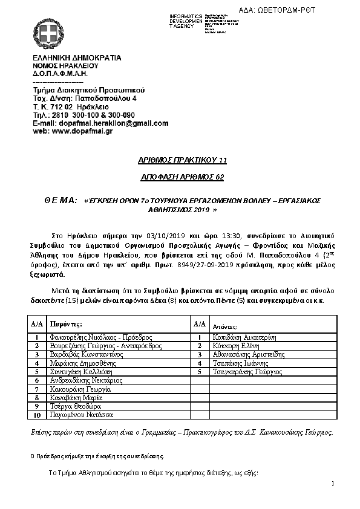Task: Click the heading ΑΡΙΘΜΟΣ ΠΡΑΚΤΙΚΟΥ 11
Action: coord(180,160)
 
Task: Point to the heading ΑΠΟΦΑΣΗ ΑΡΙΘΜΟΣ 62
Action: coord(180,178)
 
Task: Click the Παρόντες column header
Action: coord(64,325)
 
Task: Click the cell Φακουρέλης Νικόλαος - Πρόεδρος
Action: coord(100,337)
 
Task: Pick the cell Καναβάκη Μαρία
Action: coord(76,398)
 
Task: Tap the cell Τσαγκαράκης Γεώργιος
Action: coord(247,372)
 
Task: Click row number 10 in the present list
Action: coord(38,416)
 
